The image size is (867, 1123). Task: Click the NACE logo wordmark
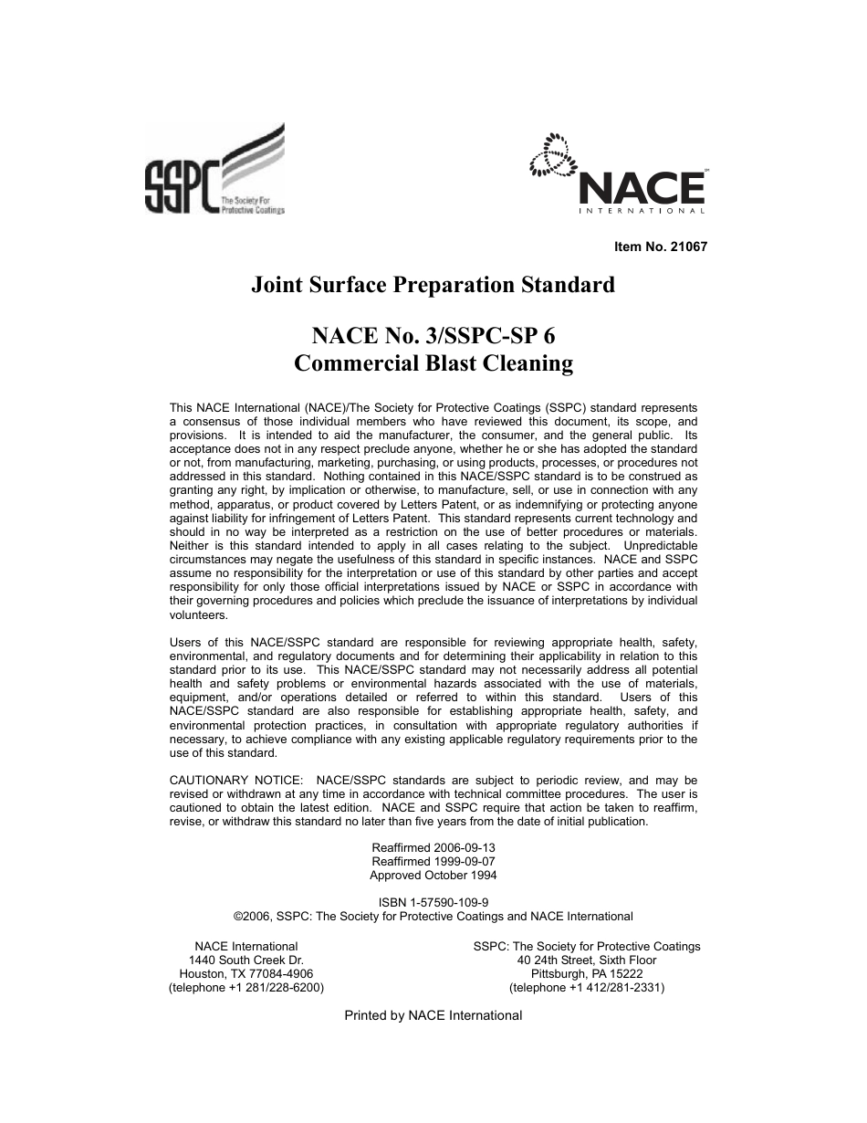pyautogui.click(x=642, y=188)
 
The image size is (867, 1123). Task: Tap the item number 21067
pyautogui.click(x=662, y=247)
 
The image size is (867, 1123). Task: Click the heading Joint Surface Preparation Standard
pyautogui.click(x=433, y=285)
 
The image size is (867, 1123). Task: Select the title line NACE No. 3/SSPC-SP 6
pyautogui.click(x=433, y=336)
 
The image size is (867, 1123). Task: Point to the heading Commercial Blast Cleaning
pyautogui.click(x=433, y=363)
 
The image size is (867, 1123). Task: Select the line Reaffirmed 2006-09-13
pyautogui.click(x=433, y=847)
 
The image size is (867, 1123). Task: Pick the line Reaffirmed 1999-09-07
pyautogui.click(x=433, y=861)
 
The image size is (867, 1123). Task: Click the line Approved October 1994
pyautogui.click(x=433, y=875)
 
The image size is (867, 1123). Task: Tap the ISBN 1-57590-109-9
pyautogui.click(x=433, y=902)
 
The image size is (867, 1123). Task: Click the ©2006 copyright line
pyautogui.click(x=433, y=916)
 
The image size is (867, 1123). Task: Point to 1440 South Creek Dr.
pyautogui.click(x=246, y=960)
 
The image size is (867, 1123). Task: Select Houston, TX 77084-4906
pyautogui.click(x=246, y=974)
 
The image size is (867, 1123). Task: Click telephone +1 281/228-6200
pyautogui.click(x=246, y=988)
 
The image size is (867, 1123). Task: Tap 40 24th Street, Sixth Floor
pyautogui.click(x=587, y=960)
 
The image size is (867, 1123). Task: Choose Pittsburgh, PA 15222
pyautogui.click(x=587, y=974)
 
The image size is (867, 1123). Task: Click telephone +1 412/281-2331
pyautogui.click(x=587, y=988)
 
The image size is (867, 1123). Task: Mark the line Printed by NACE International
pyautogui.click(x=433, y=1015)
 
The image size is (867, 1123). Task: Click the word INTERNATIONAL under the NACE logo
pyautogui.click(x=642, y=212)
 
